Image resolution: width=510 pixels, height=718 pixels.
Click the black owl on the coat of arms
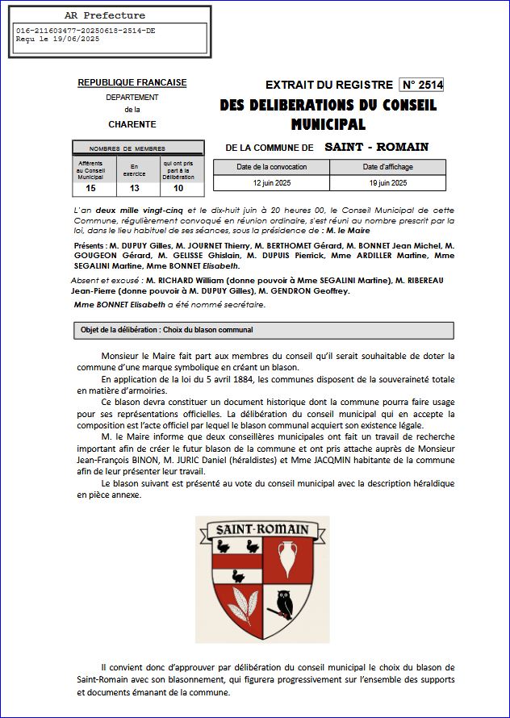[283, 602]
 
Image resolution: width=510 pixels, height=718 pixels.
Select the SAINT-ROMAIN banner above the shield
[261, 529]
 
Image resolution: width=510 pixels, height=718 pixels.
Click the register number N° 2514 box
[422, 85]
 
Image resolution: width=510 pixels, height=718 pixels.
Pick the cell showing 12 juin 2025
[271, 183]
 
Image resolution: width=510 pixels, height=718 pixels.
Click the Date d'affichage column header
[387, 166]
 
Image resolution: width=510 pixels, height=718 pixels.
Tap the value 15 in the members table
[90, 189]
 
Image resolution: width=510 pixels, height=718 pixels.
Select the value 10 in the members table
[178, 189]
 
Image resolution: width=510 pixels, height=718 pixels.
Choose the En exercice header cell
[134, 169]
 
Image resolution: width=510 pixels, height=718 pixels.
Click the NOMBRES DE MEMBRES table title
[127, 148]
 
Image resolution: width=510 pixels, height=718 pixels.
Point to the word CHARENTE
[132, 124]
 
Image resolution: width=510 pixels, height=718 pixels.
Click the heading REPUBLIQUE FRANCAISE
[132, 82]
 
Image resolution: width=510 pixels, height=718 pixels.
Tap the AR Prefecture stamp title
[104, 15]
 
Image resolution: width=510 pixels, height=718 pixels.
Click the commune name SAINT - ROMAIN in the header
[376, 147]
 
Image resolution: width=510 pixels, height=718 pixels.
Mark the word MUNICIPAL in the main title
[328, 124]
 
